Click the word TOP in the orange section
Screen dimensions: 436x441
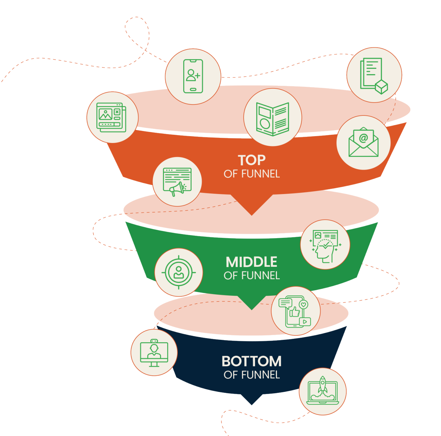coord(252,160)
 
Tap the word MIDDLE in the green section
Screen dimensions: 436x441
coord(252,262)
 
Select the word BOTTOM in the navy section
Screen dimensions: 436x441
coord(252,361)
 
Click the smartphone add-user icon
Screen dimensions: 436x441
coord(193,76)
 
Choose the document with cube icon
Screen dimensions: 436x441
coord(374,75)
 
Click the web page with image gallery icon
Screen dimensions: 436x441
coord(112,117)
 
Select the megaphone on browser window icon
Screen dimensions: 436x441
coord(177,182)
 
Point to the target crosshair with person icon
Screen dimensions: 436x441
coord(178,272)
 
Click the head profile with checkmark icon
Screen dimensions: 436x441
coord(325,245)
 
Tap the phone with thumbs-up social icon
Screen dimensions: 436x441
coord(295,311)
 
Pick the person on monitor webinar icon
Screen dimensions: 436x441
coord(154,353)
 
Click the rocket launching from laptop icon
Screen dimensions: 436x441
coord(322,392)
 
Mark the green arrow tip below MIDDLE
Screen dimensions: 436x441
coord(252,306)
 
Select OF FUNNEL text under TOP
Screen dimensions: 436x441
coord(252,174)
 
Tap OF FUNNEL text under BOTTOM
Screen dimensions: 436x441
coord(252,375)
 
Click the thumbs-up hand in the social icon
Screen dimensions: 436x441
coord(294,312)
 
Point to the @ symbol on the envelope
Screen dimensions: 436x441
coord(363,138)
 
